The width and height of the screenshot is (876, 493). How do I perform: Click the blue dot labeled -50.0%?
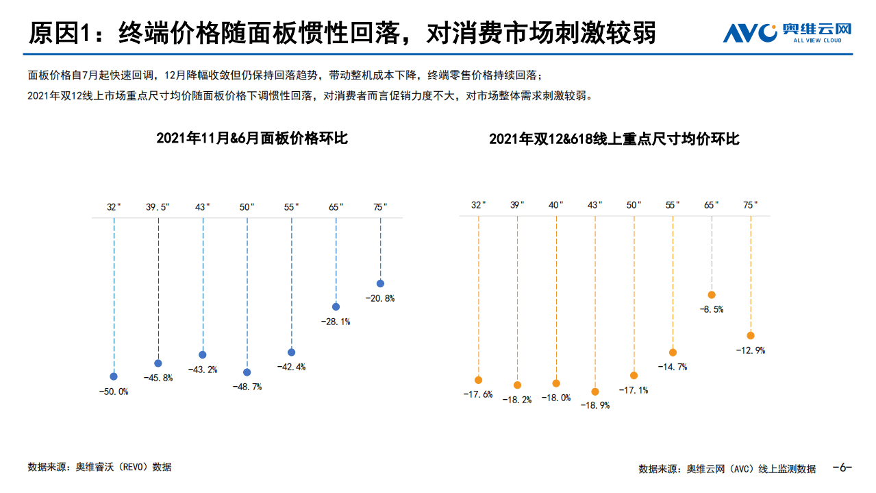coord(114,376)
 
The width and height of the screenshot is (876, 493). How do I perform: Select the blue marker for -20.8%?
coord(380,283)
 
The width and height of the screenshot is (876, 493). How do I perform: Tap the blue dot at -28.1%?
coord(336,306)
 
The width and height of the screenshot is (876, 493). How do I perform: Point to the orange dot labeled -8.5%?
coord(712,294)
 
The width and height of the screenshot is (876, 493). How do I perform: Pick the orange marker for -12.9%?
coord(751,335)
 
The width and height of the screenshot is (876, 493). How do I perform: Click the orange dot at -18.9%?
coord(595,392)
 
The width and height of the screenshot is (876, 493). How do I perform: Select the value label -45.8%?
coord(158,378)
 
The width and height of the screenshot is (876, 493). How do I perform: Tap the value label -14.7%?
coord(673,367)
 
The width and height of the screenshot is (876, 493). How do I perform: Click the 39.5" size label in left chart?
coord(158,206)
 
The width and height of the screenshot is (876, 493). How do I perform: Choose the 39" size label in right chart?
coord(517,205)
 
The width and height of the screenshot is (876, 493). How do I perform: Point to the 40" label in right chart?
coord(555,205)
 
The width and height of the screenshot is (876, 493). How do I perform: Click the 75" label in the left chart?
coord(380,206)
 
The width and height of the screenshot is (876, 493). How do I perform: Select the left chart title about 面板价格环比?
coord(252,138)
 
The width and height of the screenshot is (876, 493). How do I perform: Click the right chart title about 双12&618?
coord(614,139)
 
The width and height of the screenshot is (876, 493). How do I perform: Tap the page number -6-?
coord(842,468)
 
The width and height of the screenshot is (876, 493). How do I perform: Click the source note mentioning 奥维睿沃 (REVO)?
coord(99,467)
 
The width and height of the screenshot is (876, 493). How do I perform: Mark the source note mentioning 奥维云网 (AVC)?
coord(727,469)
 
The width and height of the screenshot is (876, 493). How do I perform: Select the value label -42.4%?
coord(292,367)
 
